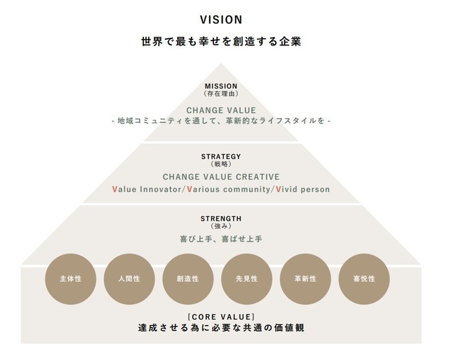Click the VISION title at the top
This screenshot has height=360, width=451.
click(221, 20)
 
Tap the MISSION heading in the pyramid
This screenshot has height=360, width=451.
click(221, 86)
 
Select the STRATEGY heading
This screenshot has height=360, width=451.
click(221, 157)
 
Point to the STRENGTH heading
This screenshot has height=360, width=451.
click(221, 219)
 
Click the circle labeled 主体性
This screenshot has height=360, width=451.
click(71, 279)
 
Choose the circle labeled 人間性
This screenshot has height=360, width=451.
click(129, 279)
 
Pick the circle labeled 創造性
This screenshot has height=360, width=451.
click(188, 279)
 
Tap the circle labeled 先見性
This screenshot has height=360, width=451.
click(247, 279)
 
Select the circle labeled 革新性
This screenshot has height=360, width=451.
click(305, 279)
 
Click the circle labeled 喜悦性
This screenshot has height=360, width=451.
click(364, 279)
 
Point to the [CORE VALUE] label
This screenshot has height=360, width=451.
click(221, 317)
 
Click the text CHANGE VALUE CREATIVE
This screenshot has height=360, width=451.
click(221, 177)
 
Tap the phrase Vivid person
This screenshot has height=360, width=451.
click(303, 190)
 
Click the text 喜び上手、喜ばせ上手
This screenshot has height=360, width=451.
click(221, 239)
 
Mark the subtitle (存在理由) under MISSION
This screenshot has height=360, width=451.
click(221, 94)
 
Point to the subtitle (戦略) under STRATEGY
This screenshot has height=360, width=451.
click(221, 164)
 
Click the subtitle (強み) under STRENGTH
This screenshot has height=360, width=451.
click(221, 226)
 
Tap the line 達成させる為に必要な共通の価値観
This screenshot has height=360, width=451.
click(221, 328)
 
